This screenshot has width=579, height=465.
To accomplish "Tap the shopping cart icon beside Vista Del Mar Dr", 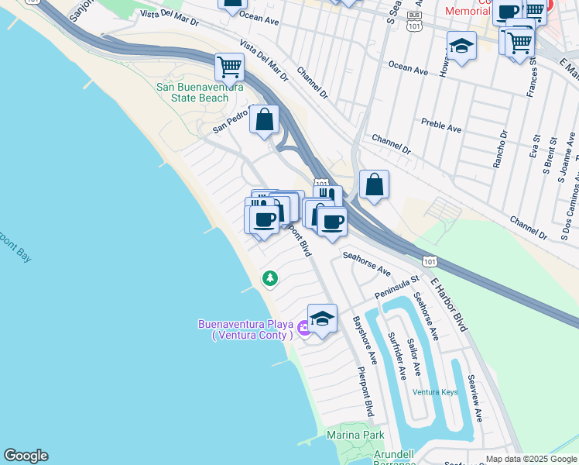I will click(x=229, y=67).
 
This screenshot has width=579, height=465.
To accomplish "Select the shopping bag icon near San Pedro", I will click(x=264, y=120).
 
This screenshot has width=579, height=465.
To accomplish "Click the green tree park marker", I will click(x=269, y=277).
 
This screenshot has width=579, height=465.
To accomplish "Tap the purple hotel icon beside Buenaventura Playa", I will click(x=303, y=329).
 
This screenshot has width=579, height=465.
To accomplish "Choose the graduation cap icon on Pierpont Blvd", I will click(x=322, y=318).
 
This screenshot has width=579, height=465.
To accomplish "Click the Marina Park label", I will click(x=355, y=436).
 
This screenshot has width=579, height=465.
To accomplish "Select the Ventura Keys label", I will click(x=435, y=392).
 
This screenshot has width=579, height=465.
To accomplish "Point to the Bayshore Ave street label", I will click(x=363, y=340).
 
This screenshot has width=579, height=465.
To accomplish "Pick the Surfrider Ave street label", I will click(x=396, y=356).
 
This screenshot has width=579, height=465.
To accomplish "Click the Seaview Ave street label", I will click(x=473, y=399).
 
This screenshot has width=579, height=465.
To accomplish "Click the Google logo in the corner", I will click(x=26, y=455).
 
